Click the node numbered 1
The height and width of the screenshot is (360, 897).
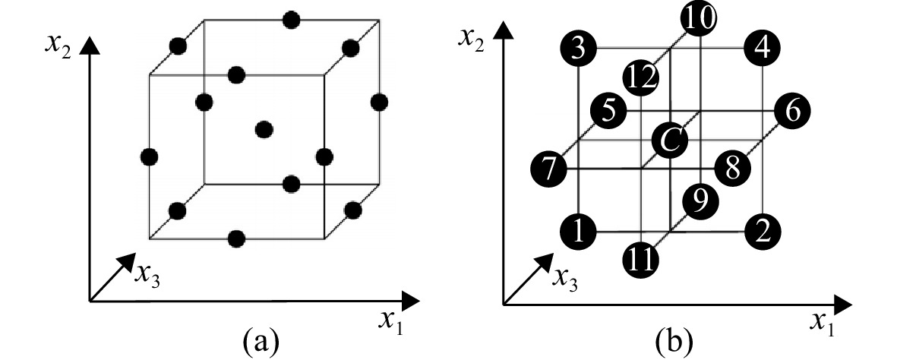tap(578, 232)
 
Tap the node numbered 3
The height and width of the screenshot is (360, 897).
tap(578, 48)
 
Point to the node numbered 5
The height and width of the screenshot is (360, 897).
tap(608, 110)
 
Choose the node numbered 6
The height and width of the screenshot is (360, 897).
tap(792, 110)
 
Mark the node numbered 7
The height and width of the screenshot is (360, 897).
tap(548, 169)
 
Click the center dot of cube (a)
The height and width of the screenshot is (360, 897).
tap(264, 129)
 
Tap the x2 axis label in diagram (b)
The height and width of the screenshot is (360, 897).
tap(472, 39)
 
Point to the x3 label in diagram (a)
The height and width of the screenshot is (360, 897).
tap(147, 275)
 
